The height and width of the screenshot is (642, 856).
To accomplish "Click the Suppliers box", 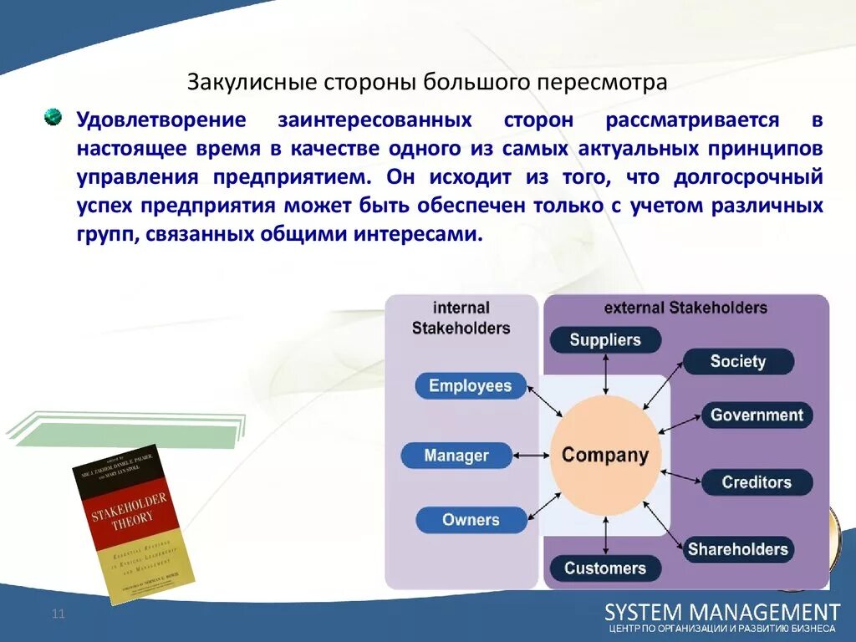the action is tap(605, 340).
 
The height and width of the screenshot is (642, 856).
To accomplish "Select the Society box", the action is tap(737, 361).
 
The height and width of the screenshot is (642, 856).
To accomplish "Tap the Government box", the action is tap(757, 415).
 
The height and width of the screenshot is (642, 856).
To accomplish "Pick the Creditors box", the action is tap(757, 482).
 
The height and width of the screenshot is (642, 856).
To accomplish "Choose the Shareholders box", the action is tap(737, 549).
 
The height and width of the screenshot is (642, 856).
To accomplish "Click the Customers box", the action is tap(605, 568).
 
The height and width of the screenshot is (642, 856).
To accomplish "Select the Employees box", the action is tap(470, 385).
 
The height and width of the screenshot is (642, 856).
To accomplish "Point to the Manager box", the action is tap(456, 456).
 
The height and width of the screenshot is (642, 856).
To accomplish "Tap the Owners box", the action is tap(470, 520).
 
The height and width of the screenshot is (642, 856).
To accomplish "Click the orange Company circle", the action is tap(605, 456).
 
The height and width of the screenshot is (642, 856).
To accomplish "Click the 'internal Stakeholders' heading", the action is tap(461, 318).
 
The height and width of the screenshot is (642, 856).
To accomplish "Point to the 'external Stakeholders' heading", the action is tap(685, 308).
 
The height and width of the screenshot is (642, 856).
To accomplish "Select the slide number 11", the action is tap(59, 614).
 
